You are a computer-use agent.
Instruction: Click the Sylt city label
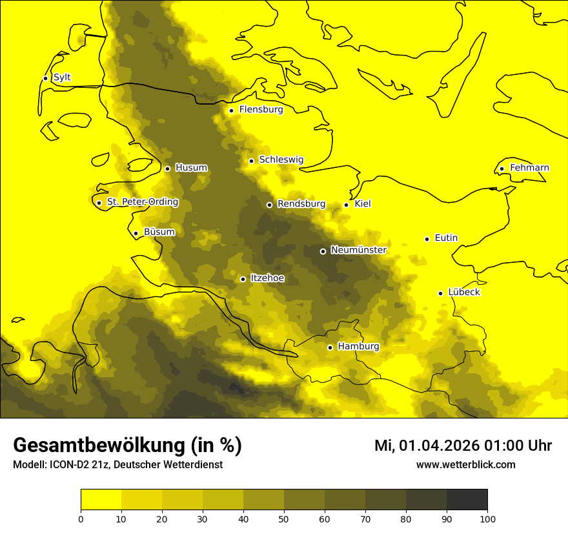click(x=62, y=77)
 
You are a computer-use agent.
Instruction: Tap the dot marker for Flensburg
click(x=231, y=110)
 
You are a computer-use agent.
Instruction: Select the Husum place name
click(x=191, y=168)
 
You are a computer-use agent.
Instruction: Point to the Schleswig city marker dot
click(x=251, y=161)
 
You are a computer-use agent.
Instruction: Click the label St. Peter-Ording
click(x=142, y=202)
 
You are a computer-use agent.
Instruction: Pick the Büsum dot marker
click(x=136, y=234)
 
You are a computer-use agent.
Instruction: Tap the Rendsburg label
click(x=301, y=204)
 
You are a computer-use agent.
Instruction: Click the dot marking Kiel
click(x=346, y=205)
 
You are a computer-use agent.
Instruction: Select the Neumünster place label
click(x=358, y=250)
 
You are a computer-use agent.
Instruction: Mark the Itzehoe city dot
click(x=243, y=280)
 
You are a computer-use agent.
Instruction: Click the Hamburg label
click(x=358, y=347)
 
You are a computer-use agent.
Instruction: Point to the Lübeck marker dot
click(x=440, y=293)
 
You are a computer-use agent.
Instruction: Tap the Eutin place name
click(x=446, y=238)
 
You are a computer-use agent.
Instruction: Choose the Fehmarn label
click(x=529, y=168)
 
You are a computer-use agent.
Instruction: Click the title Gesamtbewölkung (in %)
click(x=127, y=445)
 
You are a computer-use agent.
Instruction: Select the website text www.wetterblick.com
click(x=465, y=465)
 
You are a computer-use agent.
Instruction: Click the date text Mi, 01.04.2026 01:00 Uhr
click(x=463, y=446)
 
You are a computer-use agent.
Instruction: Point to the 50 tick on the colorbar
click(x=284, y=519)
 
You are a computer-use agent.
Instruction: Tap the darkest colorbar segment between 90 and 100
click(x=467, y=500)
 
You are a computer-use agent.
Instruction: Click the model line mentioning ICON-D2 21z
click(x=117, y=465)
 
